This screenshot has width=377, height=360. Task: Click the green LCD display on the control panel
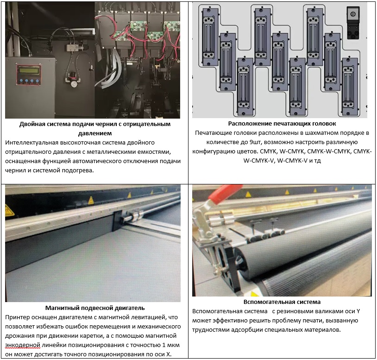28,71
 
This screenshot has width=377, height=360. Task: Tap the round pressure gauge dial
74,84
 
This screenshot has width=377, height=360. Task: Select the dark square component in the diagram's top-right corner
353,23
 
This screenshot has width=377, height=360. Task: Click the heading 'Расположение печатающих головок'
282,124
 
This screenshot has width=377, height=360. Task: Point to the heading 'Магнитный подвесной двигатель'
95,308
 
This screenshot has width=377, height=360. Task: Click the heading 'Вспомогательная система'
282,302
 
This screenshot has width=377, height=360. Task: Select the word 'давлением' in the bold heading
95,133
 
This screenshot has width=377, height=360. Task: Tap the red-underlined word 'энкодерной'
23,345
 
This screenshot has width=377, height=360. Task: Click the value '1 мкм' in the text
171,345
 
